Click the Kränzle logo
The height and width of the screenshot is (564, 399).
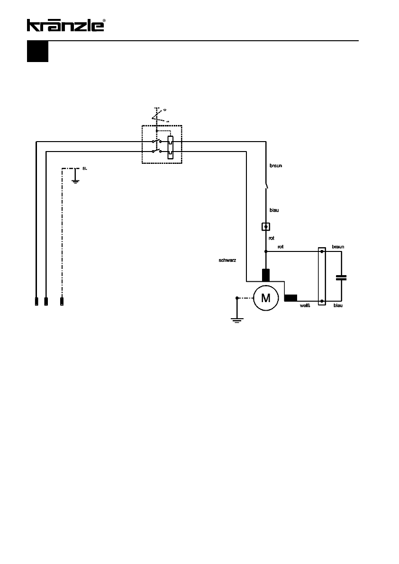[65, 25]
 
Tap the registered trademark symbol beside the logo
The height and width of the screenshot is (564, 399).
[104, 21]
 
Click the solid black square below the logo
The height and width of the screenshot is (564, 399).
[37, 52]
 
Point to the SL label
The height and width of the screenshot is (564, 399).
[85, 168]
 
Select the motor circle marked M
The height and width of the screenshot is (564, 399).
[266, 298]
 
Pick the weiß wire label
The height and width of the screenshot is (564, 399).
[305, 306]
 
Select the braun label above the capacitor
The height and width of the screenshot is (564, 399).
[338, 247]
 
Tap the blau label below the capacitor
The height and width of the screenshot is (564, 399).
[338, 306]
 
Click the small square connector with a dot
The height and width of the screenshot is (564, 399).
[266, 226]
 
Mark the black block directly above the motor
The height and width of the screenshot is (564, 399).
[266, 275]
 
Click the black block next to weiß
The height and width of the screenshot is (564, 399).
[290, 298]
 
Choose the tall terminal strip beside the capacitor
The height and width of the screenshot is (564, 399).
[322, 276]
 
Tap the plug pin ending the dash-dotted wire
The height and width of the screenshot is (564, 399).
[62, 301]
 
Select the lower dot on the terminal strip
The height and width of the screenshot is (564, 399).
[322, 301]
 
